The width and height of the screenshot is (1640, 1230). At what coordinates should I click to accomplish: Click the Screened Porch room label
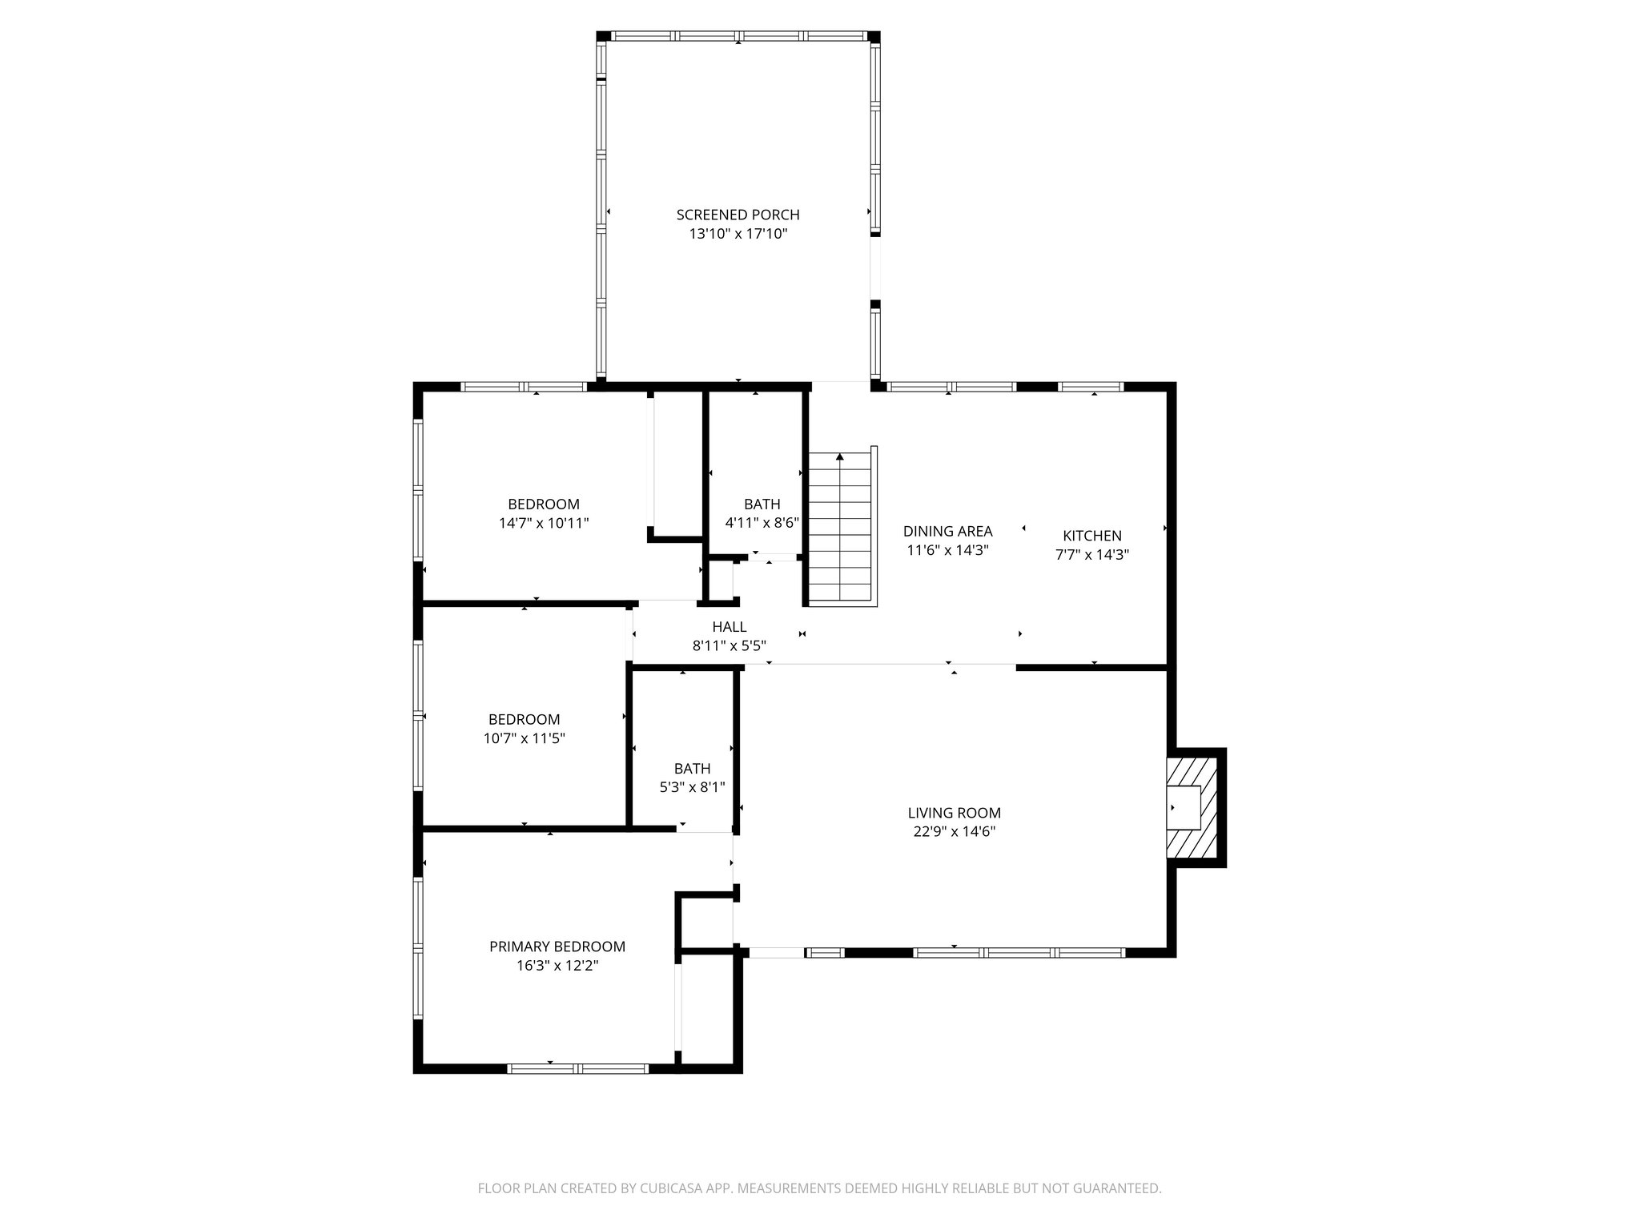[738, 215]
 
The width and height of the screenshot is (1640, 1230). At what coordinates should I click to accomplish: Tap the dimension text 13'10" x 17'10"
[738, 234]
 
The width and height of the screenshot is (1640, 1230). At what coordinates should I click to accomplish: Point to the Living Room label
[954, 813]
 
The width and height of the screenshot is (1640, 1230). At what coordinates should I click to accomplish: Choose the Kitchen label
[1091, 536]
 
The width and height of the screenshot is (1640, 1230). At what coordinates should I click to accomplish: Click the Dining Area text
[947, 531]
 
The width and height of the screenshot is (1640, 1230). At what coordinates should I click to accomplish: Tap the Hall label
[729, 627]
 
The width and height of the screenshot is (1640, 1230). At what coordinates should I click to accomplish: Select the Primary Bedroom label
[557, 947]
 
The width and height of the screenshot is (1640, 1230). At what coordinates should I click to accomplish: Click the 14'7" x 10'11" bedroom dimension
[544, 523]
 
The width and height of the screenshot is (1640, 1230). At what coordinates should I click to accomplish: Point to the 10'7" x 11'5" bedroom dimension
[524, 738]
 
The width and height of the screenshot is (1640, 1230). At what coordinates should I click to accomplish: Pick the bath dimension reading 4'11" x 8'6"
[762, 523]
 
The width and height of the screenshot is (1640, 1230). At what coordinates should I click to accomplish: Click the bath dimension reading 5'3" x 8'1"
[692, 787]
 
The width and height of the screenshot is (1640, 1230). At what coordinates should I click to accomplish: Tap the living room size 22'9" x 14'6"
[954, 832]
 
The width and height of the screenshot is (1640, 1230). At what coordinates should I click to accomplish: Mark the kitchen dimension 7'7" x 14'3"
[1091, 554]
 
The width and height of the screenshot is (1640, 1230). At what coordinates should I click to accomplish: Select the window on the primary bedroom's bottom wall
[578, 1068]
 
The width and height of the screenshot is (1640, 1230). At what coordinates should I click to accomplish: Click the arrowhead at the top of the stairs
[839, 457]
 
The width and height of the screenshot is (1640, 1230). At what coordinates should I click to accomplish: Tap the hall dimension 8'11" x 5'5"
[729, 645]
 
